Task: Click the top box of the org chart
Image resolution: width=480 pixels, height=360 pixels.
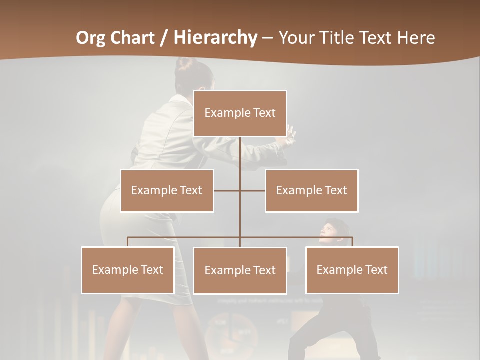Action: tap(240, 113)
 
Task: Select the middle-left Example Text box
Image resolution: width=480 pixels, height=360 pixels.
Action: tap(167, 190)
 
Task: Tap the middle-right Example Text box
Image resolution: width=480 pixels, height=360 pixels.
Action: tap(311, 190)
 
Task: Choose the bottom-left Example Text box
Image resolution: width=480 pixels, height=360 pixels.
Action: tap(128, 270)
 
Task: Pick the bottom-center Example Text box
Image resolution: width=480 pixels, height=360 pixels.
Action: tap(240, 270)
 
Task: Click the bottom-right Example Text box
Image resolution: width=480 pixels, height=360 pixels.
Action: tap(352, 270)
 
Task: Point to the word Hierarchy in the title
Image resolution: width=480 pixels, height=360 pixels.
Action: tap(215, 38)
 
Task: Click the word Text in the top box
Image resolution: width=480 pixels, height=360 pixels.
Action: tap(264, 113)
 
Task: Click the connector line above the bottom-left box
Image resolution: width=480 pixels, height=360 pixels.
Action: tap(128, 242)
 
